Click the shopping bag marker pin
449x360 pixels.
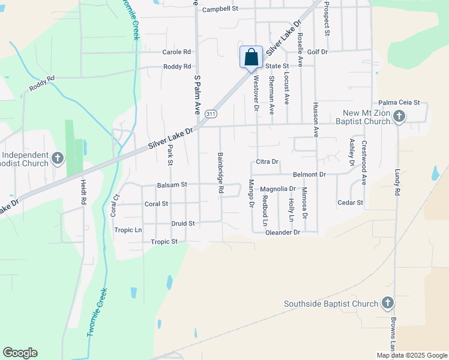pyautogui.click(x=251, y=58)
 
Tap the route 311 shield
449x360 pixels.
pyautogui.click(x=210, y=113)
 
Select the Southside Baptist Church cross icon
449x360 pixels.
pyautogui.click(x=388, y=304)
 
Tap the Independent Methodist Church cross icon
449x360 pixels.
pyautogui.click(x=58, y=158)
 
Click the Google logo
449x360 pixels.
pyautogui.click(x=20, y=353)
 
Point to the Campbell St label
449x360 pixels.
pyautogui.click(x=220, y=10)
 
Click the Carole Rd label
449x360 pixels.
pyautogui.click(x=176, y=52)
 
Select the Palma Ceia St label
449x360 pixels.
pyautogui.click(x=399, y=103)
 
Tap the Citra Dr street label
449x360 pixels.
pyautogui.click(x=268, y=162)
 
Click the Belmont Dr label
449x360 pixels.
pyautogui.click(x=309, y=175)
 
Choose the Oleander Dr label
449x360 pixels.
pyautogui.click(x=282, y=232)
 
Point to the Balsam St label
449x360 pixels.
pyautogui.click(x=172, y=185)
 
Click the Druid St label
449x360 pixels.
pyautogui.click(x=183, y=223)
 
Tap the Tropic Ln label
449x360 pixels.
pyautogui.click(x=128, y=230)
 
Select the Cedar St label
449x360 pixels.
pyautogui.click(x=351, y=203)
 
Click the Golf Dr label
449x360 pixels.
pyautogui.click(x=317, y=52)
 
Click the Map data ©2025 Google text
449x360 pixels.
pyautogui.click(x=412, y=355)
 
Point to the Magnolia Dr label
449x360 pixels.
pyautogui.click(x=278, y=189)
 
